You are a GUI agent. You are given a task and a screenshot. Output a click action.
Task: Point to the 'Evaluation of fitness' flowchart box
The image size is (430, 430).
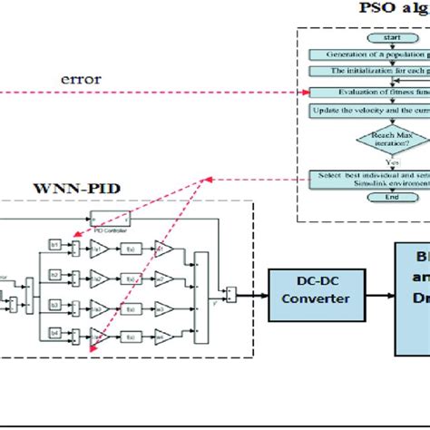(x=369, y=92)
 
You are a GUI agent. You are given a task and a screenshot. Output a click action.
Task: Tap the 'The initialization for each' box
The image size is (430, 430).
(x=369, y=70)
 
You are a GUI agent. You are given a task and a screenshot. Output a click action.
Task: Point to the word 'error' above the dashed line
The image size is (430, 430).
(x=81, y=79)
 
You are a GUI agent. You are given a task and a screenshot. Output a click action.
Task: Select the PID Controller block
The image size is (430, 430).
(x=110, y=218)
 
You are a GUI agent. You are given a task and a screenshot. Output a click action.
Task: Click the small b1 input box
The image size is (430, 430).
(x=54, y=246)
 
